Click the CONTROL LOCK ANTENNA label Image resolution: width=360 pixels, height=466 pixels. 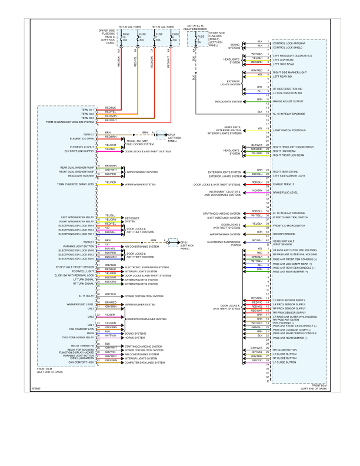[288, 42]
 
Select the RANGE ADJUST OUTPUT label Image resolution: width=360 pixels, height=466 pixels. [288, 101]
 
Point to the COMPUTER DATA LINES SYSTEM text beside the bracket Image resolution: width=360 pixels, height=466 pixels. [141, 318]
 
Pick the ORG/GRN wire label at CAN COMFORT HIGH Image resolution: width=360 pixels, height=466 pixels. [111, 362]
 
